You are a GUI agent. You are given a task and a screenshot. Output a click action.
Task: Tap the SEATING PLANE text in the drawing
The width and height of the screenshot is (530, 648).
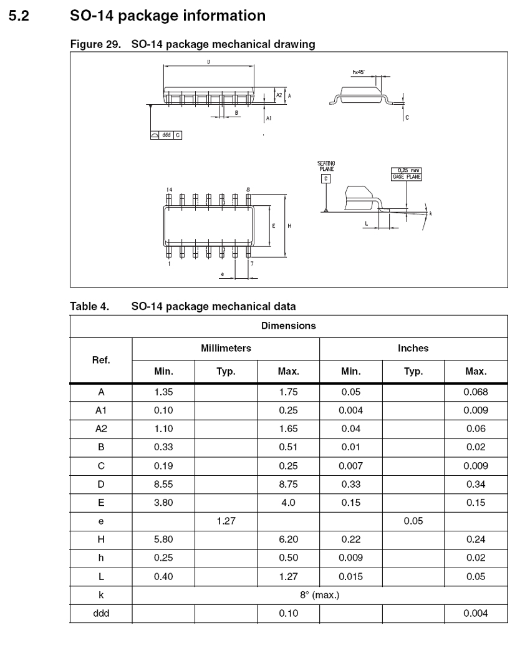(326, 166)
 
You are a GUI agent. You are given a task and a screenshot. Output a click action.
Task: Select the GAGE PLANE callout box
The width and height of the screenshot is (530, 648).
(407, 173)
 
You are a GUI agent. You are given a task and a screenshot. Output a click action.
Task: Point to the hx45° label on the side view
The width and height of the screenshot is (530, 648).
(358, 72)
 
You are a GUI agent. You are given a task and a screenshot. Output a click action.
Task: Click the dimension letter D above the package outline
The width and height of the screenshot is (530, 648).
(208, 62)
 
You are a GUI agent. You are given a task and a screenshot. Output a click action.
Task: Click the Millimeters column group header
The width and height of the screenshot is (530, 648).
(226, 349)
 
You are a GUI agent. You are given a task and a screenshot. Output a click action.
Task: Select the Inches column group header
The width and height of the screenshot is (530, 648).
(413, 349)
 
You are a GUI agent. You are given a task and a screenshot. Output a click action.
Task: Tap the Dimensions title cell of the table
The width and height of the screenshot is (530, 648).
(288, 326)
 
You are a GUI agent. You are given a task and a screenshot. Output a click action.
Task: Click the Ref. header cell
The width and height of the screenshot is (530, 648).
(100, 360)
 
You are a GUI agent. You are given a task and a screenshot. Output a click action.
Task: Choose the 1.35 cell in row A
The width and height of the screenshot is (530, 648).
(163, 393)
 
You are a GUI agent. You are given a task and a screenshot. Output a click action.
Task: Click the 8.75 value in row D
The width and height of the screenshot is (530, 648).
(288, 484)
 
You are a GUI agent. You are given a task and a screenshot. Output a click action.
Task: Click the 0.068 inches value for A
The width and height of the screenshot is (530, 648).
(476, 393)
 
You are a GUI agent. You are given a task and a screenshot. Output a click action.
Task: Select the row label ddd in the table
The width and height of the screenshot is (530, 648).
(100, 614)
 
